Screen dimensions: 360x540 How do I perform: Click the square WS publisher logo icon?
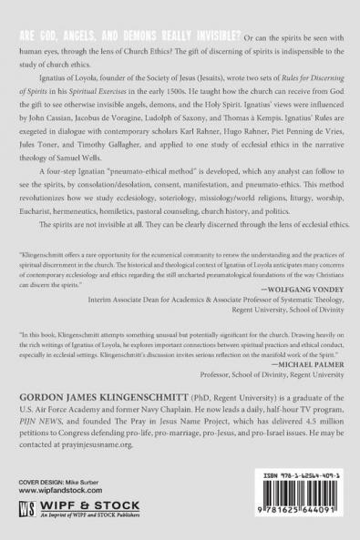29,507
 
